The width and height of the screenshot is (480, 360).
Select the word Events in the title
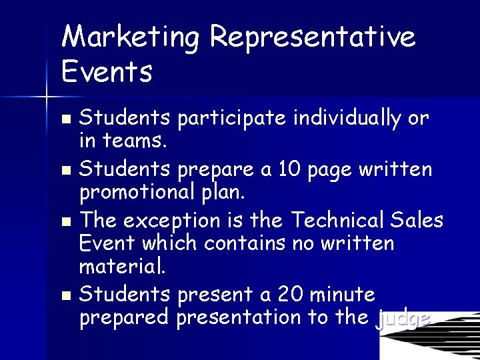click(x=107, y=71)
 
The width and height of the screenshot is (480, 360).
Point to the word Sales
click(x=417, y=220)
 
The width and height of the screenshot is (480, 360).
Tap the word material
click(x=122, y=267)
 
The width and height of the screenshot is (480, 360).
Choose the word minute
click(x=343, y=294)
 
